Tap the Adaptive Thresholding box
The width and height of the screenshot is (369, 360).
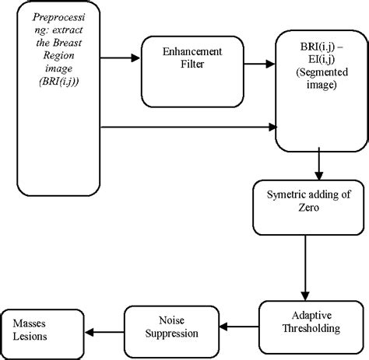pyautogui.click(x=311, y=322)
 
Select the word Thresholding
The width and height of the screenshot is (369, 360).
pyautogui.click(x=312, y=327)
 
